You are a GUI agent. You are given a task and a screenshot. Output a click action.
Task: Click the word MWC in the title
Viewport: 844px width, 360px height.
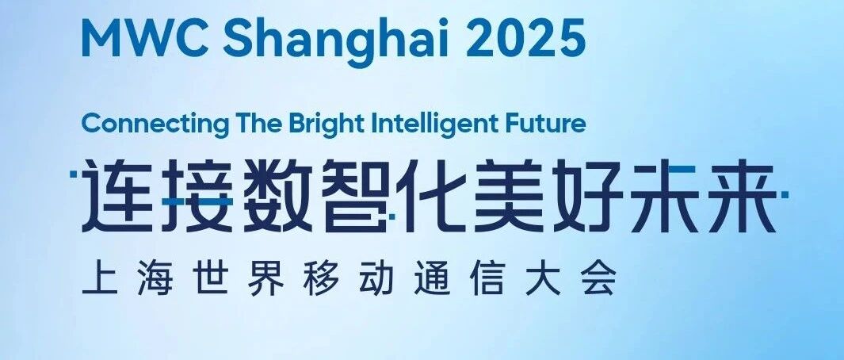tap(145, 39)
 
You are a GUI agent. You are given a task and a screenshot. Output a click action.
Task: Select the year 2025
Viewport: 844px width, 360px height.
tap(526, 39)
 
